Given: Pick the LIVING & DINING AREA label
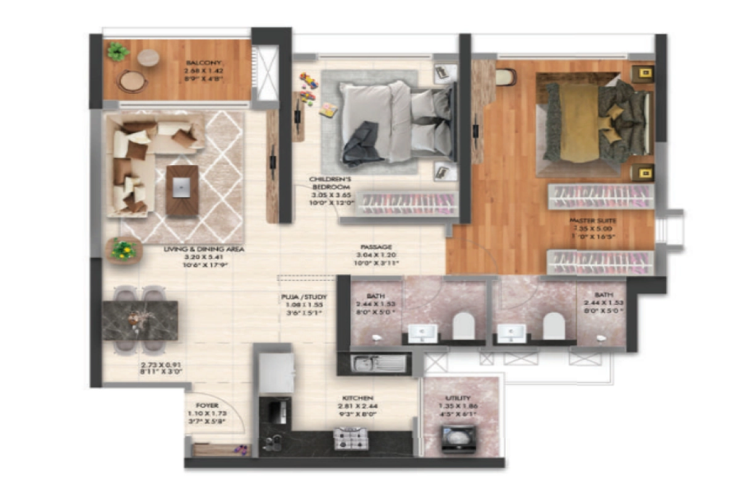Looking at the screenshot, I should point(204,250).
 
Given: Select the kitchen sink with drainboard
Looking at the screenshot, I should point(378,364).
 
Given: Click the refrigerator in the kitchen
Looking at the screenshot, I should point(276,373).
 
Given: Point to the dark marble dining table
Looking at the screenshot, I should point(140,320).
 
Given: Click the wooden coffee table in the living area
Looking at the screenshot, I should point(182,190).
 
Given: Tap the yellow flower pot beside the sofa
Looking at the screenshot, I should point(124,250).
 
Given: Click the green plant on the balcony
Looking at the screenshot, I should point(117,52).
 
